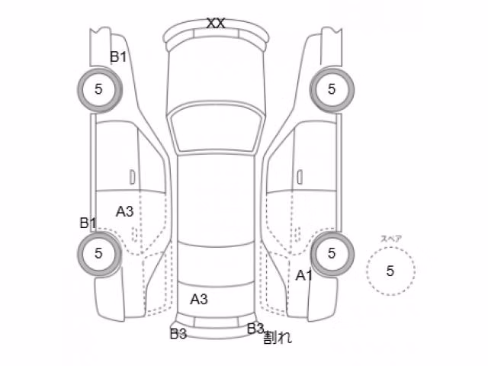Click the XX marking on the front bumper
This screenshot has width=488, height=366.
[x=216, y=24]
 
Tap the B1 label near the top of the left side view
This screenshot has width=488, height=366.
[x=118, y=57]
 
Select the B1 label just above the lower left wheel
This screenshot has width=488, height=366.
[x=88, y=223]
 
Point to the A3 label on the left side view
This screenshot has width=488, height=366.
[x=125, y=212]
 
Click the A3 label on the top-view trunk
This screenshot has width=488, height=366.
[x=199, y=300]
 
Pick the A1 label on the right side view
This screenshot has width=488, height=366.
[x=303, y=275]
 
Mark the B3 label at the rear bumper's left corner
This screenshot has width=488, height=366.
[x=178, y=334]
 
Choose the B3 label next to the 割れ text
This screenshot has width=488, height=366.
[x=255, y=329]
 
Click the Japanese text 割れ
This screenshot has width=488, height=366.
[x=278, y=337]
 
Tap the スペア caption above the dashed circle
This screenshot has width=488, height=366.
[x=391, y=239]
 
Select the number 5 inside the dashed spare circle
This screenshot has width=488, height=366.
[x=390, y=271]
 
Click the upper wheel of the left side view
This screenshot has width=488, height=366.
[x=99, y=89]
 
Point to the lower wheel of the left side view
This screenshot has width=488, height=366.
[x=99, y=253]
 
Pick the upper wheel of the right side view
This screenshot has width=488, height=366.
[x=332, y=89]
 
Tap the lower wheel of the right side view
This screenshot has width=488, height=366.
[x=332, y=253]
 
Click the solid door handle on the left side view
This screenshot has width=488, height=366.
[x=132, y=177]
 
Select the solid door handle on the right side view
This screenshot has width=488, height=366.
[x=300, y=177]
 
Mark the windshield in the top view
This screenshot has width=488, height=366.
[x=216, y=128]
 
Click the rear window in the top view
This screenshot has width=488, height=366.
[x=216, y=265]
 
